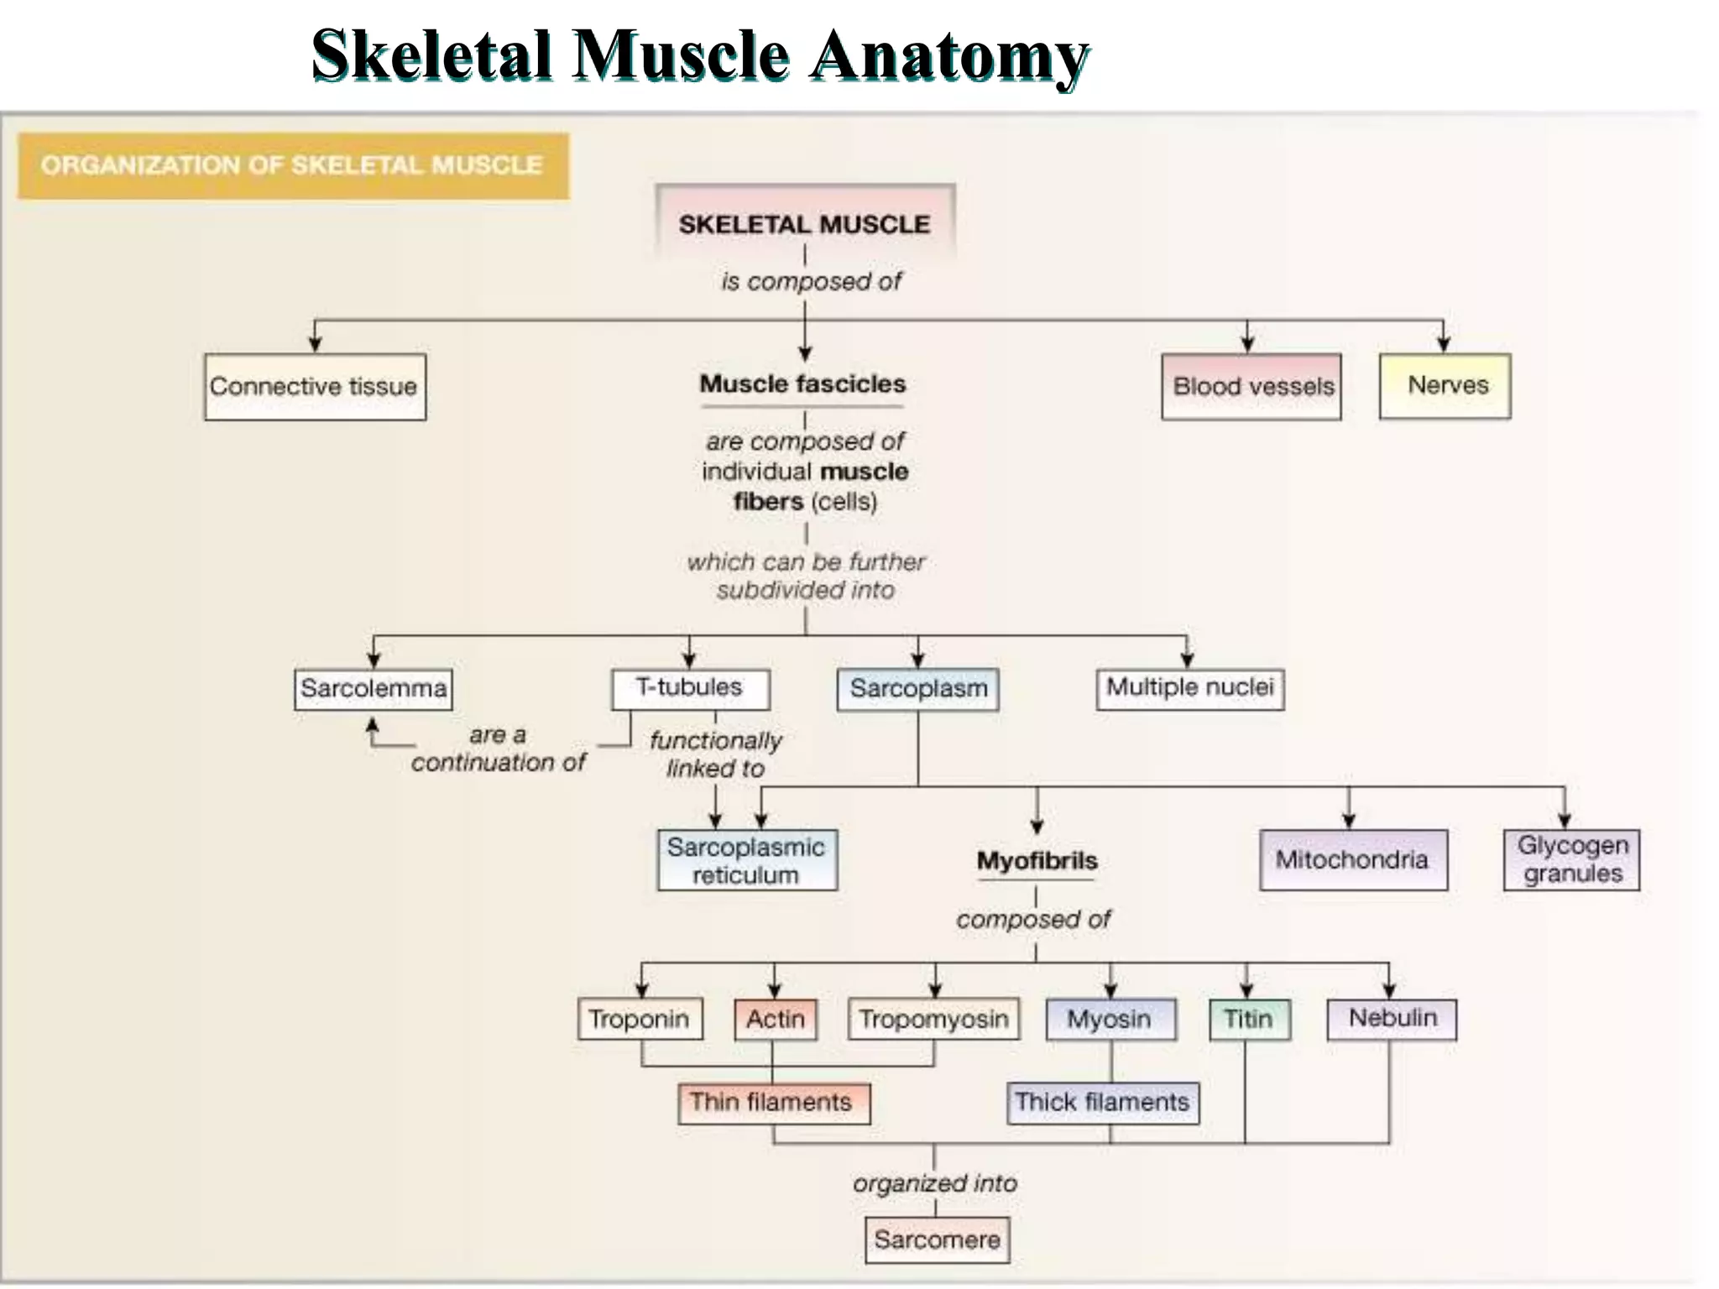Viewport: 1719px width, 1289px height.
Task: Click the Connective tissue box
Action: pos(315,387)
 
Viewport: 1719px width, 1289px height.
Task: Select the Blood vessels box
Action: pos(1251,387)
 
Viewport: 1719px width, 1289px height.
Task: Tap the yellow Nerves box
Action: pos(1445,386)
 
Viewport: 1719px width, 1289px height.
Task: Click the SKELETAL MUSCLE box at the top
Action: pos(804,223)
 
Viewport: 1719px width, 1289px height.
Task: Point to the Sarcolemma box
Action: pos(374,689)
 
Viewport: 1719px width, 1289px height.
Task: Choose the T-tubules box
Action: pos(690,688)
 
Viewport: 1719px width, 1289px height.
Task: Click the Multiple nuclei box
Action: pos(1189,688)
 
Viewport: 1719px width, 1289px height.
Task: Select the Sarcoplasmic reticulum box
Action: pos(746,860)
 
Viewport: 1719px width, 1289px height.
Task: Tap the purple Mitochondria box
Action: pos(1353,860)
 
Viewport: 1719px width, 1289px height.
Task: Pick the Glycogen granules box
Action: pos(1571,860)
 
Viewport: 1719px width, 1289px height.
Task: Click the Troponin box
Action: pos(640,1019)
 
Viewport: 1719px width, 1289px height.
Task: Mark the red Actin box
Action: pos(775,1019)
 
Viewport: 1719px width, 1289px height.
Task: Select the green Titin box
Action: pos(1249,1019)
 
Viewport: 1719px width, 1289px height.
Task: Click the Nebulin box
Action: pos(1392,1019)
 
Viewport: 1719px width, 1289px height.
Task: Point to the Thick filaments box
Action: pos(1102,1102)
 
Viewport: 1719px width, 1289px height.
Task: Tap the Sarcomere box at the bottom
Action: pos(937,1239)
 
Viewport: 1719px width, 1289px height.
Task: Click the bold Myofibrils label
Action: pos(1037,861)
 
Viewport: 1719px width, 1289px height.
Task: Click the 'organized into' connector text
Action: pos(935,1183)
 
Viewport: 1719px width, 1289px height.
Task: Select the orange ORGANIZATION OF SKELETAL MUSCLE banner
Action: pos(293,165)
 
